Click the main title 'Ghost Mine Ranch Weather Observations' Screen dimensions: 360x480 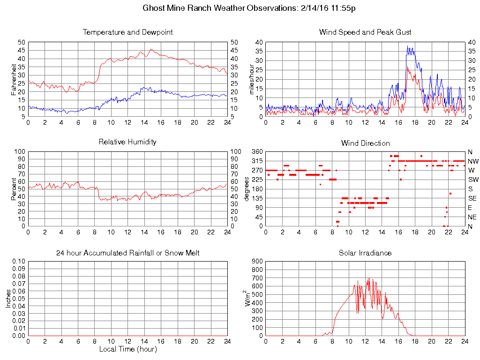(219, 8)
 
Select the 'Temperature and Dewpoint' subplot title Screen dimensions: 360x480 (127, 32)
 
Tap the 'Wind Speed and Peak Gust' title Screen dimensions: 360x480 (365, 32)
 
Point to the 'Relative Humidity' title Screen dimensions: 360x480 (127, 142)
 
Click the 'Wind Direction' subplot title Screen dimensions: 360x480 (365, 143)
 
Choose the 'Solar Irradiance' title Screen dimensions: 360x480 (365, 253)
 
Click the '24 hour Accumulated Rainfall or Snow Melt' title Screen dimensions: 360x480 (127, 253)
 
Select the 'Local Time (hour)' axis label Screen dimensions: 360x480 (127, 349)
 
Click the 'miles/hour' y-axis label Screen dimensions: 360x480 (251, 79)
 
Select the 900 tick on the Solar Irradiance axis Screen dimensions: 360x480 (257, 262)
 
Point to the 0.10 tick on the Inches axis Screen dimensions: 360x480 (18, 262)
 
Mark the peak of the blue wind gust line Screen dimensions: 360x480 (408, 46)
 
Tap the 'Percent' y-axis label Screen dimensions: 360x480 (14, 189)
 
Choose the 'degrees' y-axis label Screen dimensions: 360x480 (247, 189)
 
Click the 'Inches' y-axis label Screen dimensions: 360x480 (8, 299)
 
